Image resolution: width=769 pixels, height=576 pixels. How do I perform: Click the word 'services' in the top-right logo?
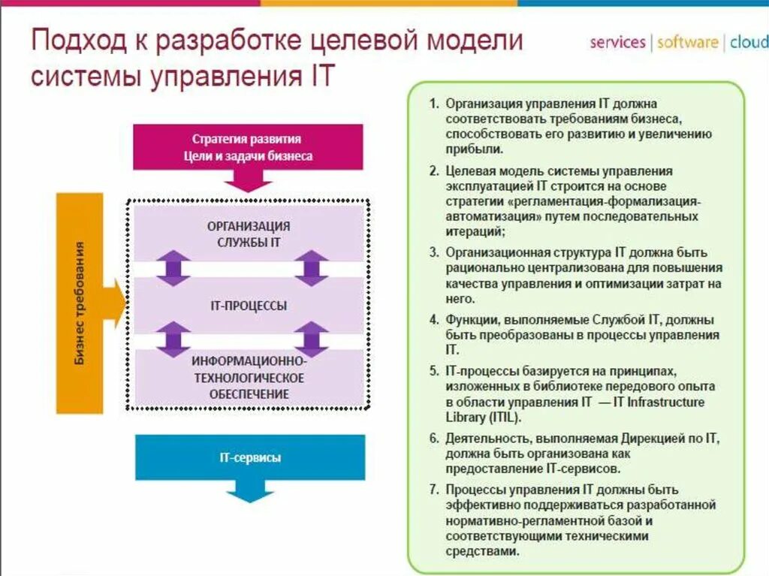click(617, 42)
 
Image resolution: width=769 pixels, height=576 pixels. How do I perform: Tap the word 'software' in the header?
click(687, 42)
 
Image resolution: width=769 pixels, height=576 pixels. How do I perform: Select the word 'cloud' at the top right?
click(748, 42)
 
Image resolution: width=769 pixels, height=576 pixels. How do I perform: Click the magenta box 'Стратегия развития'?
click(247, 140)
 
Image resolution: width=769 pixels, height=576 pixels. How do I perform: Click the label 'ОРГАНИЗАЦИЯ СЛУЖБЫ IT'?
click(247, 234)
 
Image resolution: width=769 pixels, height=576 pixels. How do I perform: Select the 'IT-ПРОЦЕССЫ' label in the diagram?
click(247, 306)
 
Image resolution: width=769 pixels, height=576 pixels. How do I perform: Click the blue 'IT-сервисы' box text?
click(250, 457)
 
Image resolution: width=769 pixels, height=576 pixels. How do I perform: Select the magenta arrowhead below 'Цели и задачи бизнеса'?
click(247, 180)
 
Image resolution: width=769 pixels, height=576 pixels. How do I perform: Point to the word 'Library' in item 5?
click(464, 418)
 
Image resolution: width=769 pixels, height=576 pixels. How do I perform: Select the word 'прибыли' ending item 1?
click(466, 149)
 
